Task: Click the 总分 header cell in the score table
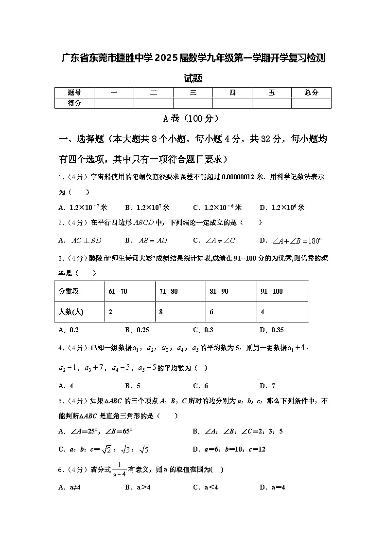(311, 93)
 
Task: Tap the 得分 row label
(74, 103)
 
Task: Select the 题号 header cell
(74, 93)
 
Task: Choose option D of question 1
(282, 207)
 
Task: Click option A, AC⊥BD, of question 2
(80, 240)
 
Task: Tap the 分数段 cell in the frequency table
(69, 291)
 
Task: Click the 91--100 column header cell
(272, 291)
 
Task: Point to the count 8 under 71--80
(161, 312)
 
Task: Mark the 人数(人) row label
(71, 312)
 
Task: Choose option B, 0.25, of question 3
(137, 330)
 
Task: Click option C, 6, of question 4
(200, 386)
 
